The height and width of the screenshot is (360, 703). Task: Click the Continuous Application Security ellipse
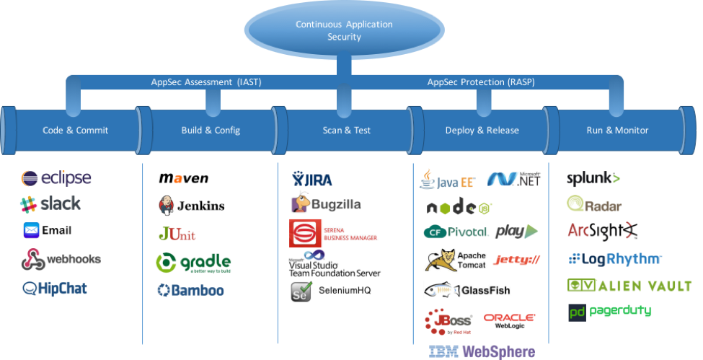344,30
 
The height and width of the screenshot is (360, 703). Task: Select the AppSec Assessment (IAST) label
205,82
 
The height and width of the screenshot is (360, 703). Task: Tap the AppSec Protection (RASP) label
480,82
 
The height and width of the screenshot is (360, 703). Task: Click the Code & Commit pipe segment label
76,131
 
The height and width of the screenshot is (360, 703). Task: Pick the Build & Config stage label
211,131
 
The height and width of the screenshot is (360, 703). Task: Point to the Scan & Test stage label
346,131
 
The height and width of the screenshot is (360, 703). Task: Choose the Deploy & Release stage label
482,131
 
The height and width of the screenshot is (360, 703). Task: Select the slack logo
50,204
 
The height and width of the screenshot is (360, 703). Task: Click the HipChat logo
55,288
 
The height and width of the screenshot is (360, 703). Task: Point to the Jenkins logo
191,206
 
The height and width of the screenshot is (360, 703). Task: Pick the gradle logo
193,263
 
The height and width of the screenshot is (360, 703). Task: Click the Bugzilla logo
330,204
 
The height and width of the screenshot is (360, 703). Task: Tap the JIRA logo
312,177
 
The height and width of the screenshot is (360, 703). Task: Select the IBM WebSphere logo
482,352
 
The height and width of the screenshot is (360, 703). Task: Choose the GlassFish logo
470,290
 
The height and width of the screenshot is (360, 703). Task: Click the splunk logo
593,177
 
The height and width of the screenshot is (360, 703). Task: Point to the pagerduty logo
614,311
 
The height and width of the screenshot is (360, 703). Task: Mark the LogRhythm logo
614,259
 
